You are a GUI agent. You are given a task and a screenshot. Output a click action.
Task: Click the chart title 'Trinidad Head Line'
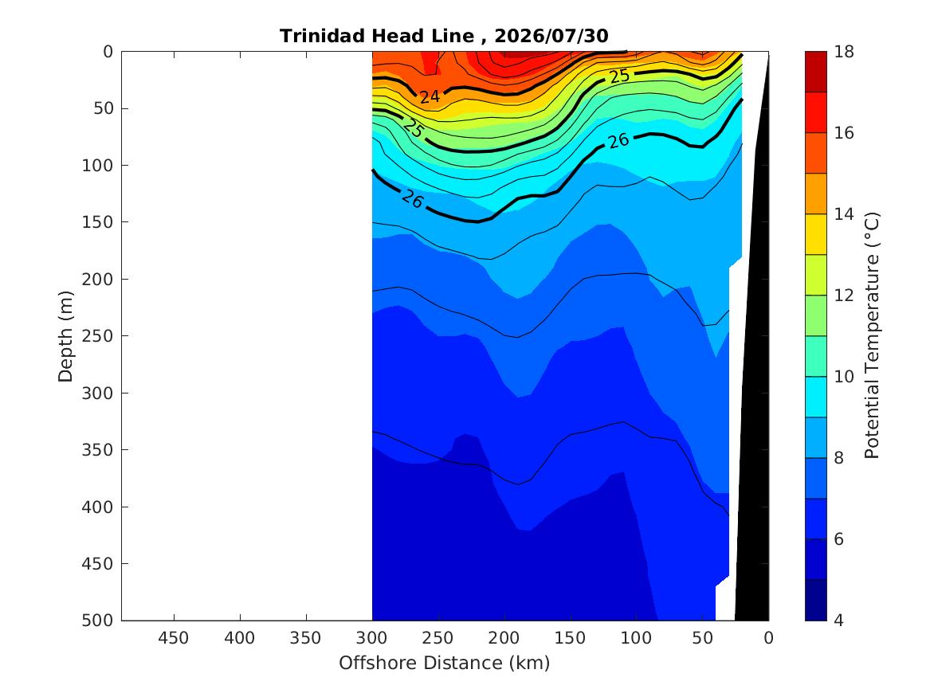(x=377, y=36)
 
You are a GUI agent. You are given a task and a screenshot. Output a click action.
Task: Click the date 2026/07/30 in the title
(x=551, y=36)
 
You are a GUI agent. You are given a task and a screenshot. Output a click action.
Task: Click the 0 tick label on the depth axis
(x=108, y=52)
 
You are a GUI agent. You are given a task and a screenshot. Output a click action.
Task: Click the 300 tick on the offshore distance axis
(x=372, y=638)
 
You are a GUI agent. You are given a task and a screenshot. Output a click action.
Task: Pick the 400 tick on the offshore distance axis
(x=240, y=638)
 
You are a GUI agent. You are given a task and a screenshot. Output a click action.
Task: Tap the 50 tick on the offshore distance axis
(x=702, y=638)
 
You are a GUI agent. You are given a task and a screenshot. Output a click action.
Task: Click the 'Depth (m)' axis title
(x=65, y=336)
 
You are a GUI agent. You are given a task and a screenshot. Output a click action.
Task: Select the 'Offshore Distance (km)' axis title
(x=444, y=663)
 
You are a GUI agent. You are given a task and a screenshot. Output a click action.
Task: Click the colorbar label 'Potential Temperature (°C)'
(x=871, y=335)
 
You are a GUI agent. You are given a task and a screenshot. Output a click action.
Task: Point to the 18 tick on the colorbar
(x=844, y=52)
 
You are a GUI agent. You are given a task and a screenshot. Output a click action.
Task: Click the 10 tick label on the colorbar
(x=844, y=376)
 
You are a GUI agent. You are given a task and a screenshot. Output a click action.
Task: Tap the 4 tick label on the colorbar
(x=838, y=621)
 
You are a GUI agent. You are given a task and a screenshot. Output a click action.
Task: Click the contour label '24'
(x=430, y=96)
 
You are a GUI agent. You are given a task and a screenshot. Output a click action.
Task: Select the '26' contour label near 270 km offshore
(x=412, y=199)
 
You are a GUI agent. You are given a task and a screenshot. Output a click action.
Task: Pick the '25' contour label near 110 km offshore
(x=619, y=76)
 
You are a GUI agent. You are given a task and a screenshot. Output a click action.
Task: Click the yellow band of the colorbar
(x=815, y=234)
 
